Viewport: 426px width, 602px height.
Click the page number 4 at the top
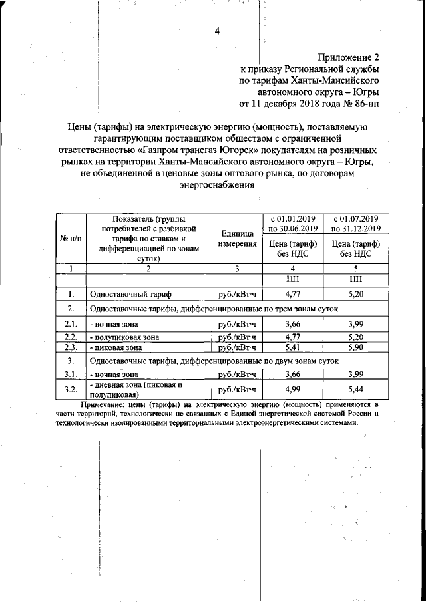(217, 29)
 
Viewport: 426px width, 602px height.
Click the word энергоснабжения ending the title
(216, 186)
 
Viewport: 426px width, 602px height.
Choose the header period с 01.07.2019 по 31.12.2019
(355, 224)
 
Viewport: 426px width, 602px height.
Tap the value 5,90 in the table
(355, 347)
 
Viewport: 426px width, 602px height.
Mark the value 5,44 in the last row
(355, 388)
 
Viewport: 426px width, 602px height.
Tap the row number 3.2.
(71, 389)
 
